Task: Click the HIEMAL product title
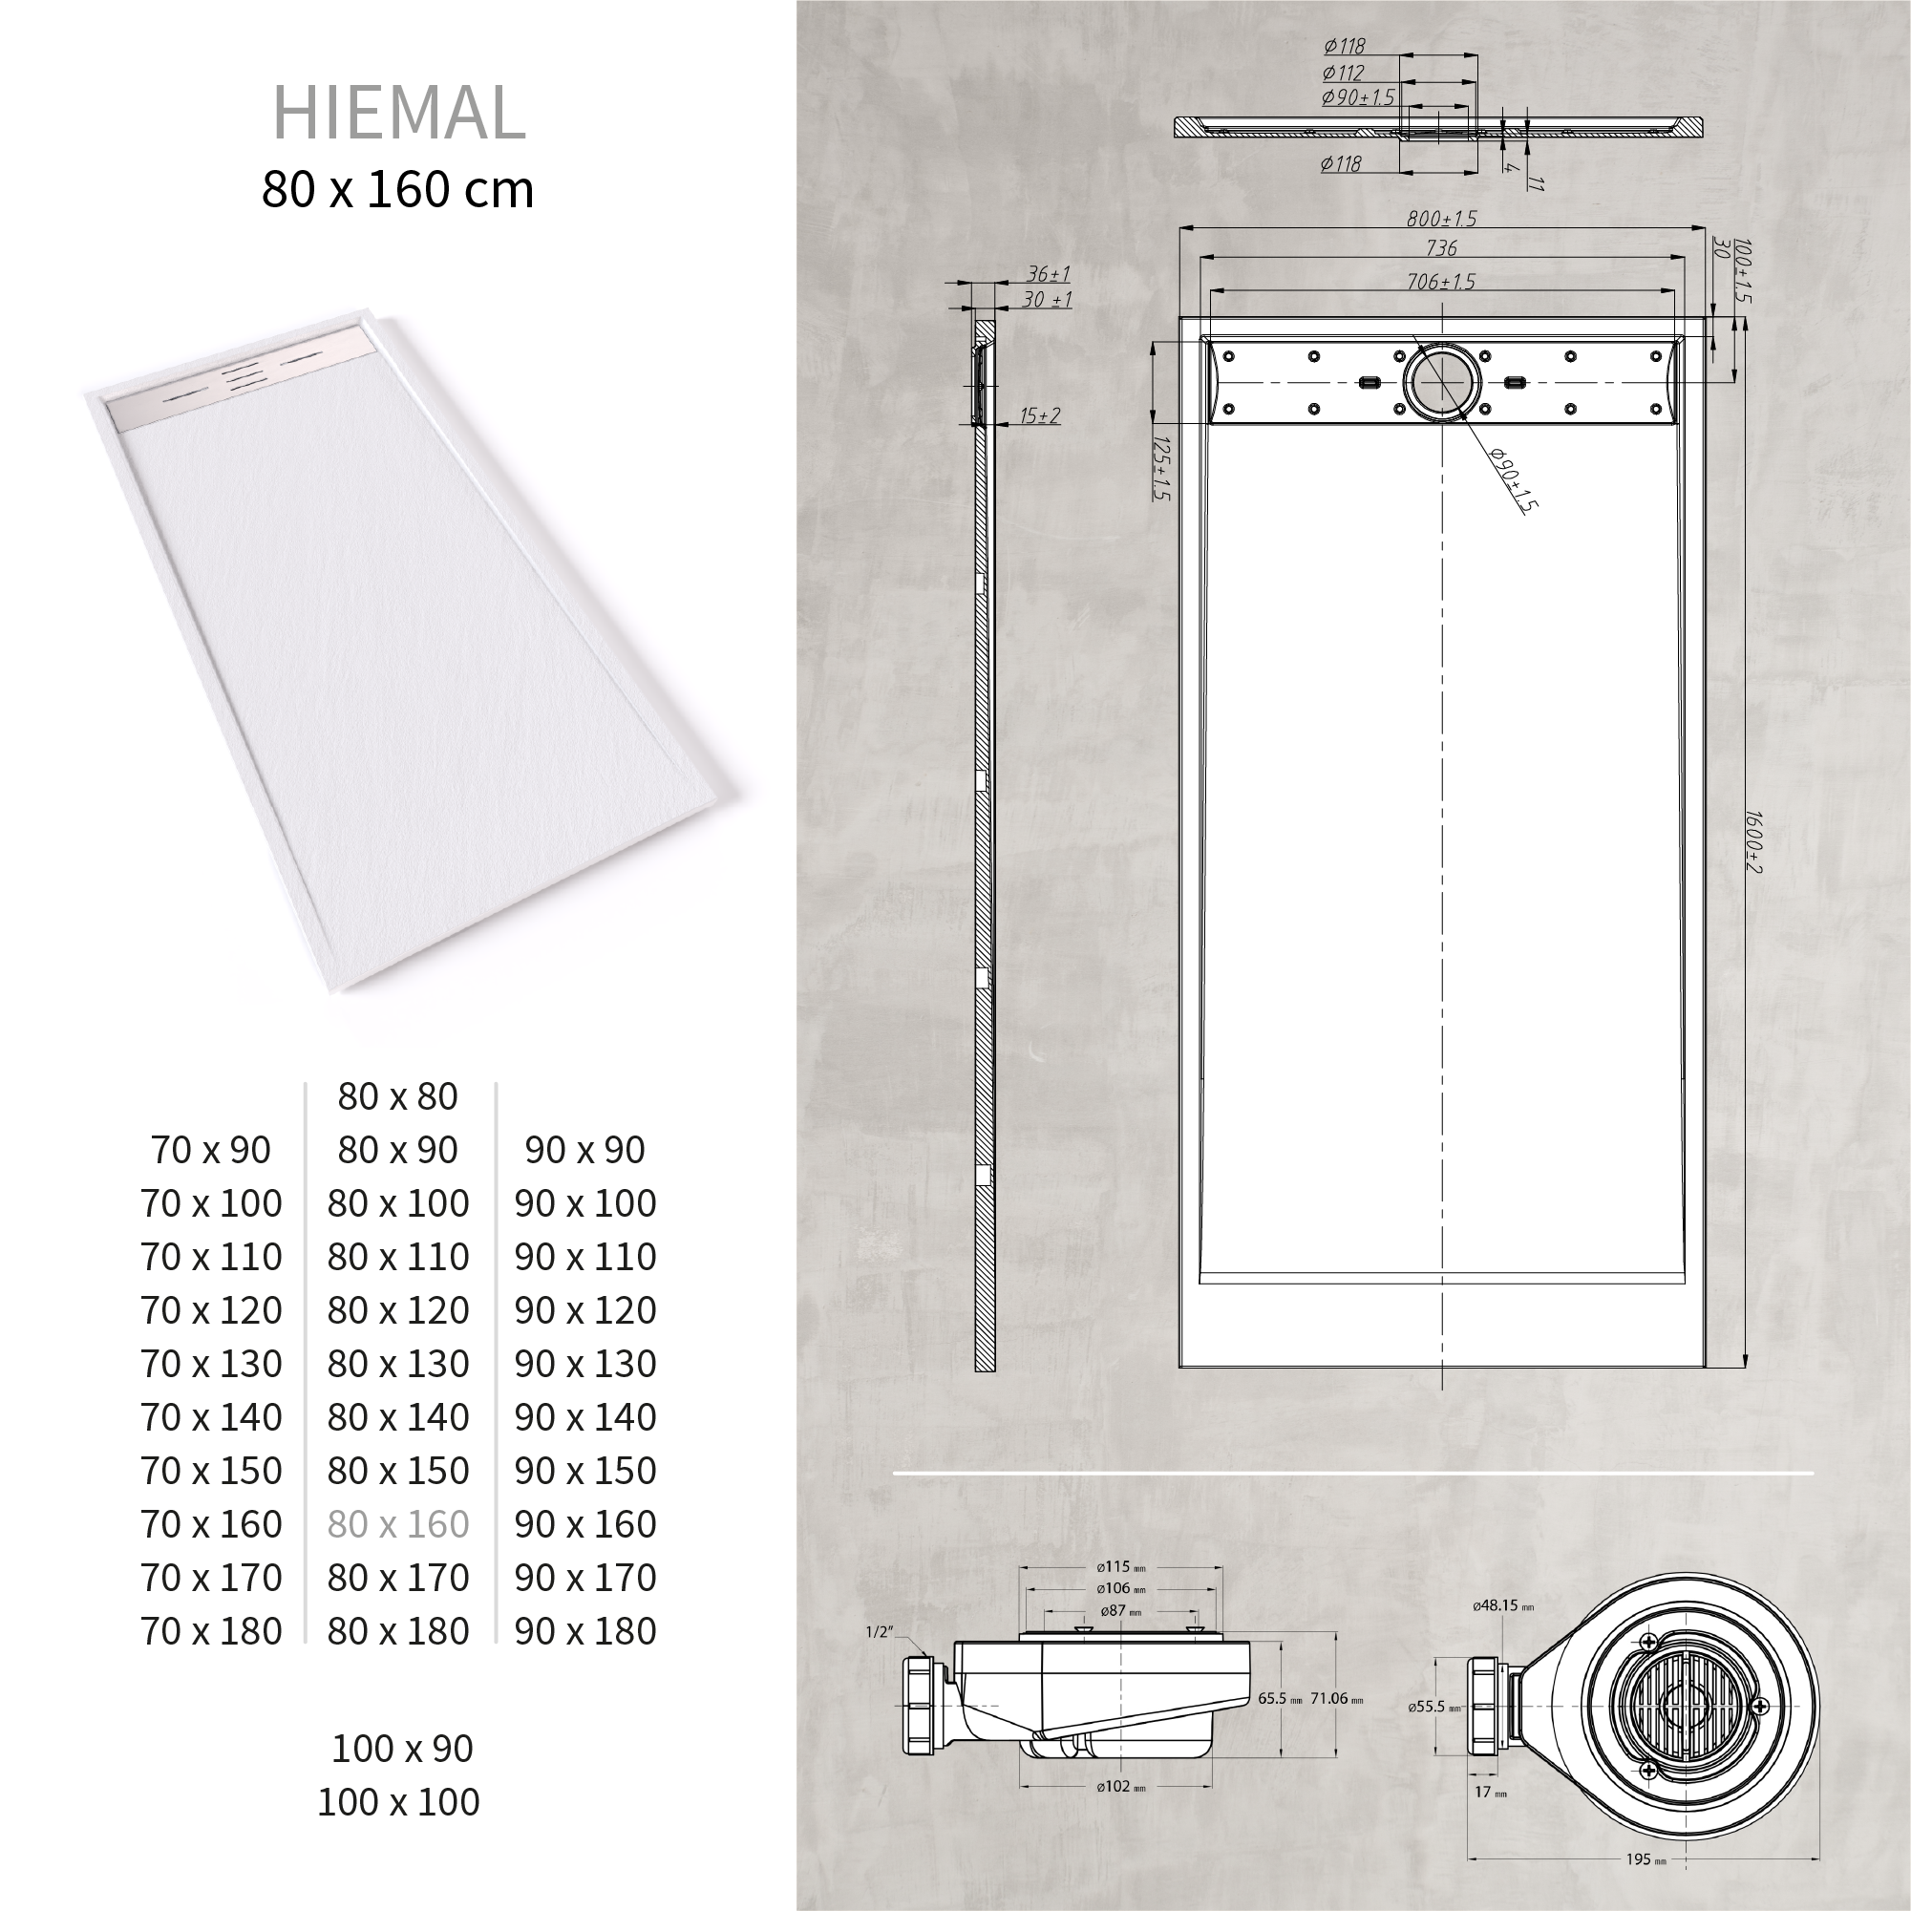click(x=397, y=113)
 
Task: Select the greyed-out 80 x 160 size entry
click(x=397, y=1524)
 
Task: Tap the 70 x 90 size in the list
click(x=211, y=1150)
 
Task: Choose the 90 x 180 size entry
click(x=584, y=1631)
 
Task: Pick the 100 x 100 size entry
click(x=397, y=1802)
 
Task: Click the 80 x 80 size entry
click(x=397, y=1096)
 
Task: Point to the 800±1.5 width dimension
click(x=1441, y=219)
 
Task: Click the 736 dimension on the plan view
click(x=1441, y=248)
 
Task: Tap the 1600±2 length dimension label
click(x=1752, y=841)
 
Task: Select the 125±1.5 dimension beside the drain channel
click(x=1161, y=468)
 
